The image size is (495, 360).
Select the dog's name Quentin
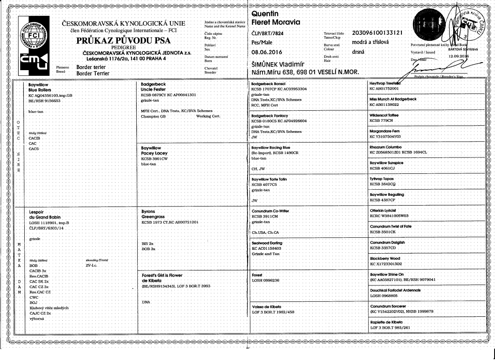266,14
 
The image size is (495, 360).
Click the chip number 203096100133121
379,33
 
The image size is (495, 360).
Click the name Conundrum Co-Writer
270,211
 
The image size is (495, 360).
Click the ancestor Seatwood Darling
266,243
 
